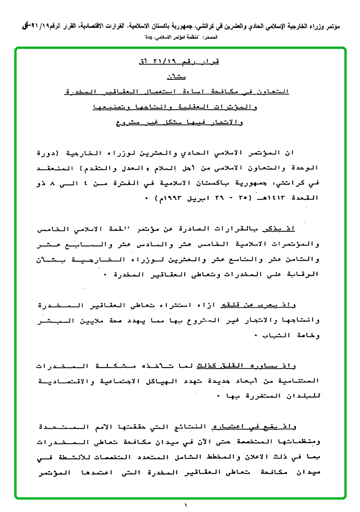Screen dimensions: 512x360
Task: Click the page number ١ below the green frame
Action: click(186, 506)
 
